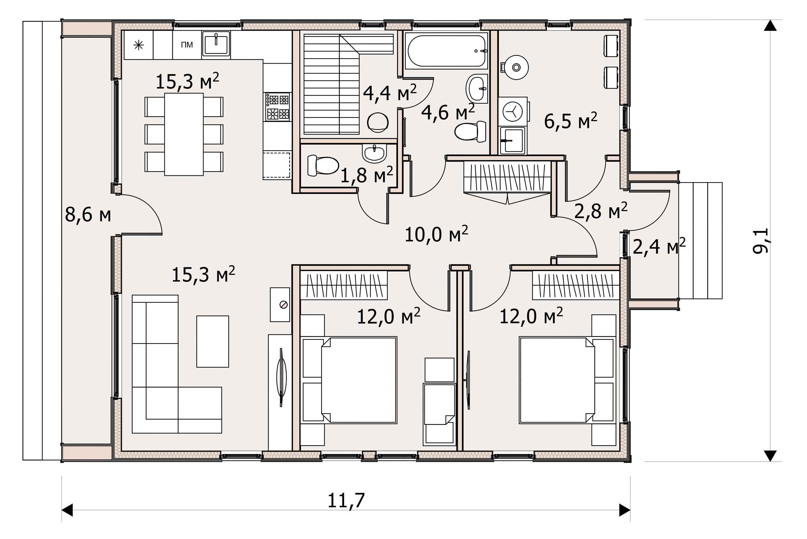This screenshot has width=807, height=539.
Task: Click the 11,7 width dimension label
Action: point(346,501)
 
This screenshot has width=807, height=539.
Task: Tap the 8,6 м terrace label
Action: point(88,215)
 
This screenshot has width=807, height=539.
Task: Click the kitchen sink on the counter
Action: point(216,44)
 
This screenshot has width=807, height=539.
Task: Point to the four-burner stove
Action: point(278,107)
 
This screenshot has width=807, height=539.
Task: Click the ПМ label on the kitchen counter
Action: point(187,45)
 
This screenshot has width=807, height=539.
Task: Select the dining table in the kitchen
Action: point(184,135)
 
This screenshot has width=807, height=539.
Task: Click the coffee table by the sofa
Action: point(213,341)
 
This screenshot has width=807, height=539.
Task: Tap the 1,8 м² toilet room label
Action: point(367,175)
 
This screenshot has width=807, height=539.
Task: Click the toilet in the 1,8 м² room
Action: point(323,165)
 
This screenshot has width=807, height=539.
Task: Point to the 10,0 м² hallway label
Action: point(436,235)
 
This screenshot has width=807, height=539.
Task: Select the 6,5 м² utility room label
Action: point(571,121)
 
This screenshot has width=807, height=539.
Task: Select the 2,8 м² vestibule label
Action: point(601,211)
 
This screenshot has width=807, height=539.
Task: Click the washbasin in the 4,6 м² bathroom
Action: point(477,88)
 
